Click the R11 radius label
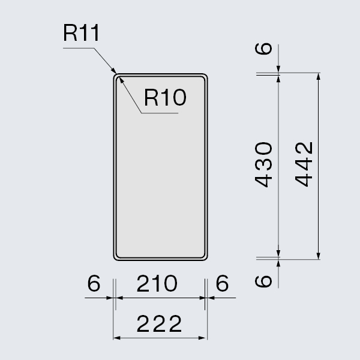click(x=80, y=34)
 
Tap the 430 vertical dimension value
click(x=265, y=165)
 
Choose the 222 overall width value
click(x=159, y=325)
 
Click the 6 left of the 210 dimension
click(x=92, y=284)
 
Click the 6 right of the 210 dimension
click(x=222, y=284)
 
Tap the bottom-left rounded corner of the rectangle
click(x=116, y=257)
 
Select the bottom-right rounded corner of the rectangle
click(x=205, y=257)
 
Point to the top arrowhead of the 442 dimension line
click(x=317, y=76)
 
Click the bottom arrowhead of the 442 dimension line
click(x=317, y=258)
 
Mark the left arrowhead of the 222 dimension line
click(x=116, y=338)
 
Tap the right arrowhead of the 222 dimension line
click(x=205, y=338)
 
